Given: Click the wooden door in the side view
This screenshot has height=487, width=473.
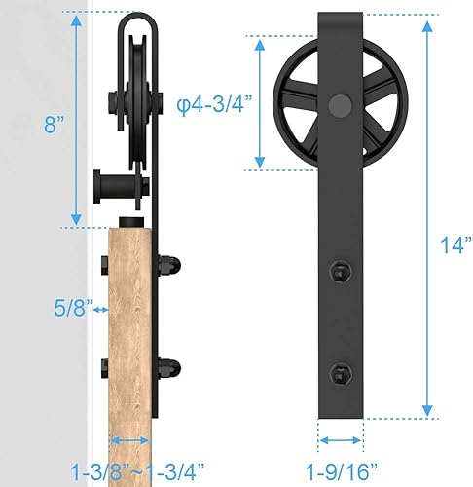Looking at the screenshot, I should pyautogui.click(x=128, y=331).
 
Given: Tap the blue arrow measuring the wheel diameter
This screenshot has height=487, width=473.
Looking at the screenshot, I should pyautogui.click(x=260, y=100).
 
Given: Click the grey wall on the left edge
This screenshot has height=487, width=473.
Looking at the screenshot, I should pyautogui.click(x=39, y=292).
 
